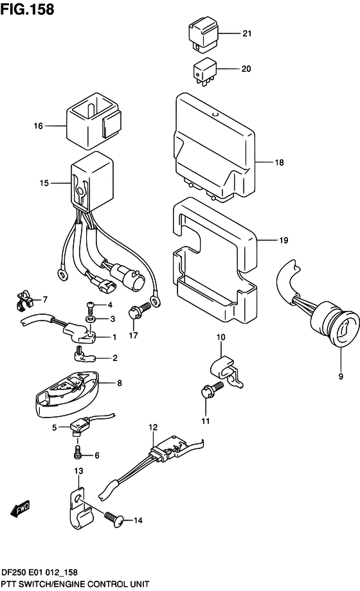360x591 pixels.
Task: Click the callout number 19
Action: (x=283, y=241)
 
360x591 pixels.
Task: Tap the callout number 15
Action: (x=43, y=183)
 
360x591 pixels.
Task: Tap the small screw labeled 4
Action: (x=91, y=304)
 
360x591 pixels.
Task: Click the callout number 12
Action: (x=152, y=427)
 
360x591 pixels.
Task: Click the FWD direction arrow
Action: (x=20, y=507)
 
